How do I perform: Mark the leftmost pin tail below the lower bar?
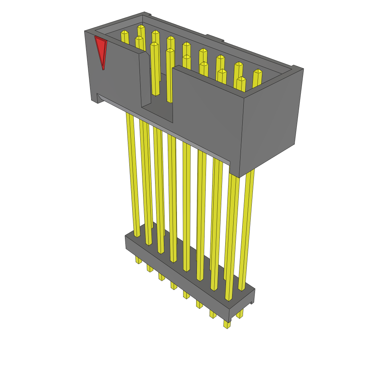coord(138,260)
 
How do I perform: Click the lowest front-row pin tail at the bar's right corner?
coord(227,324)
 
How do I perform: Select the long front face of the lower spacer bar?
coord(174,276)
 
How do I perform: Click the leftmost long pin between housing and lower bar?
coord(132,174)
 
